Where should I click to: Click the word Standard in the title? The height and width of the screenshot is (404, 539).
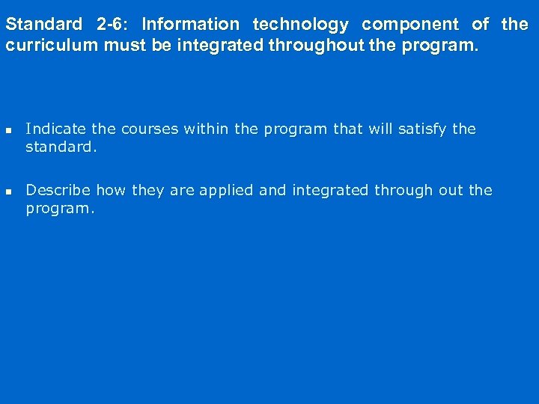point(43,24)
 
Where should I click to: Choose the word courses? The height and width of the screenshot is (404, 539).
point(148,129)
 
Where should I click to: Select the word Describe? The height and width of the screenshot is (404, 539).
point(58,190)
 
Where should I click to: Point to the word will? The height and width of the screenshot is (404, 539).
point(380,129)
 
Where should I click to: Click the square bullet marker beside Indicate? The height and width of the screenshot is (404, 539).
point(9,129)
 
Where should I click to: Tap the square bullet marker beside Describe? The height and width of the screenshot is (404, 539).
point(9,191)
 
